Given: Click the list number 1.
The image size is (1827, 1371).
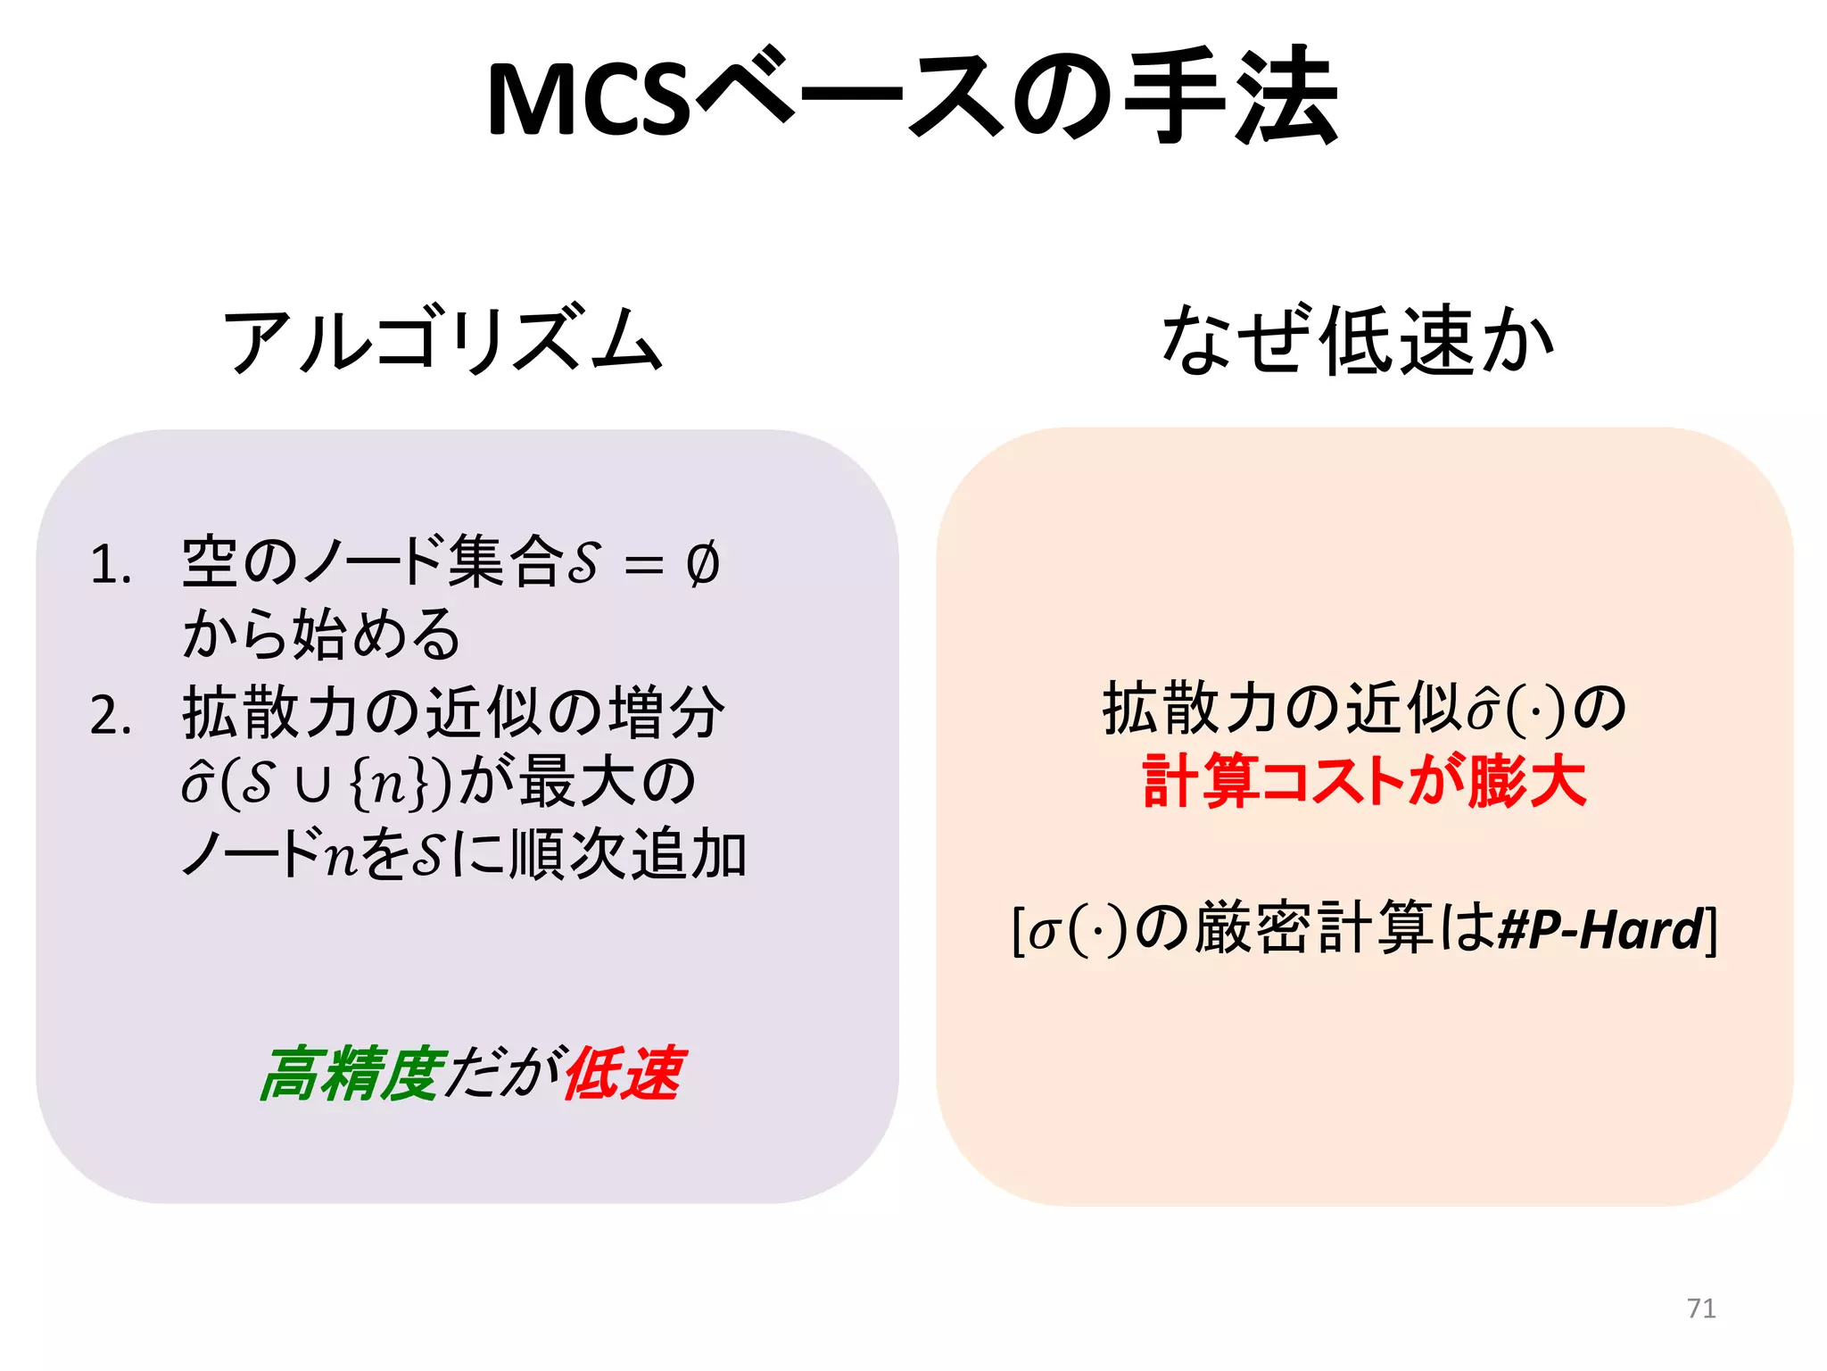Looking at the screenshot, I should (x=111, y=566).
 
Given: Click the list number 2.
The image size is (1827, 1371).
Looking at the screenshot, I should (x=111, y=716).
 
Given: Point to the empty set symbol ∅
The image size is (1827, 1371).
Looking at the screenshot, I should (x=703, y=564).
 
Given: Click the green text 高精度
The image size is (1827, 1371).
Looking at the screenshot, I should (x=351, y=1074).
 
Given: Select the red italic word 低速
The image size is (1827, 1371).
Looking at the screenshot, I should (x=624, y=1074).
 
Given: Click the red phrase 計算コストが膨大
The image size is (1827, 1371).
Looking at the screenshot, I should (x=1364, y=782).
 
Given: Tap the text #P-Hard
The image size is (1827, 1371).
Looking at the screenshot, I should (x=1601, y=930).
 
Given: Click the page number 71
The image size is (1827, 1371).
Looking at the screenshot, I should (x=1701, y=1309).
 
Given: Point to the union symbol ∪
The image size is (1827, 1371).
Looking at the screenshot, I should (x=313, y=785).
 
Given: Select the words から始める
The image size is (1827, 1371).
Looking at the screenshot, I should (x=321, y=636).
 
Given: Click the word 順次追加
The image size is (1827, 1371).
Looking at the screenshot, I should (x=628, y=854).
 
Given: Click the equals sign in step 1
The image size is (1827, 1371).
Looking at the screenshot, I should (x=644, y=566).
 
